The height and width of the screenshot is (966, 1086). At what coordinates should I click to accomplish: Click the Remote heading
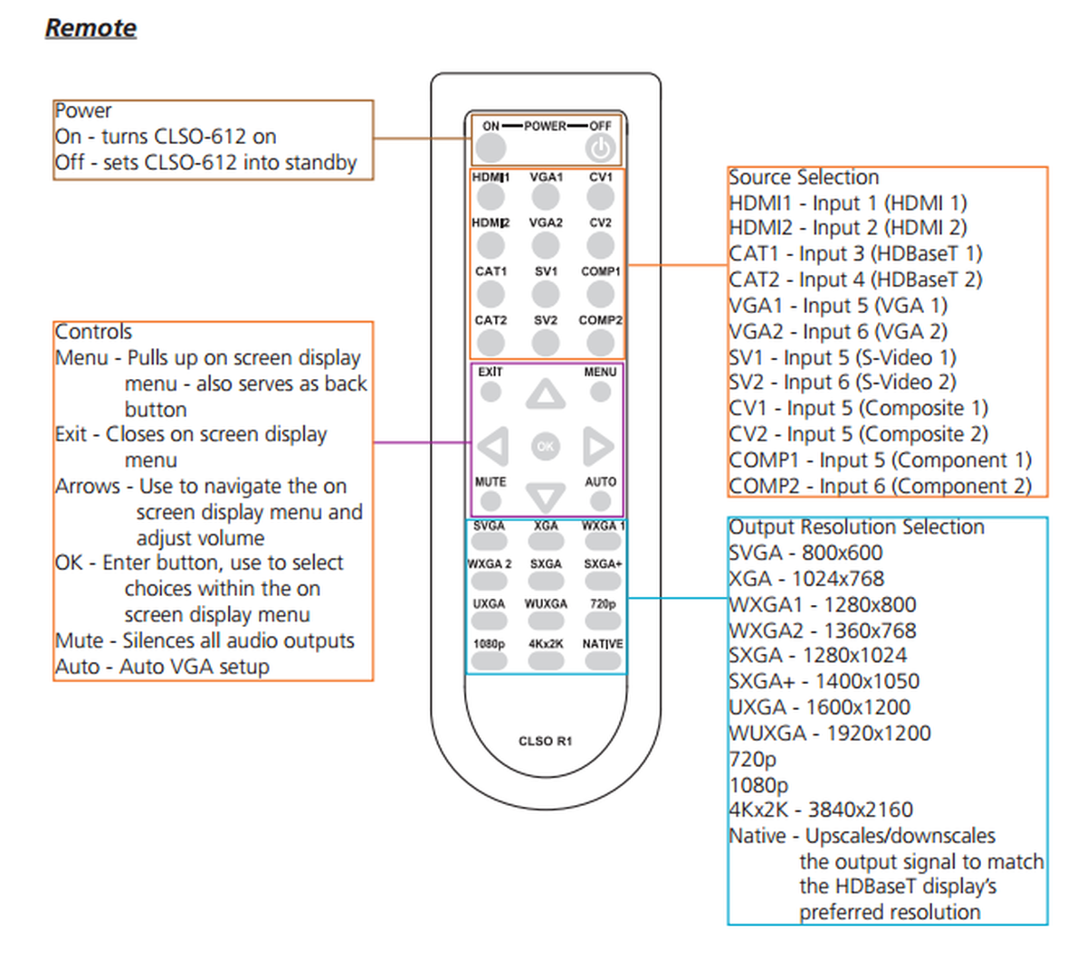90,28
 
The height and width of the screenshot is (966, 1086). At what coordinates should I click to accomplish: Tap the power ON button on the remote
491,147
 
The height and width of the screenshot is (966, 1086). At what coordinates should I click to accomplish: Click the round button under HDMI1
491,195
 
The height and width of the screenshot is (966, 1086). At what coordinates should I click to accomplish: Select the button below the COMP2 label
600,342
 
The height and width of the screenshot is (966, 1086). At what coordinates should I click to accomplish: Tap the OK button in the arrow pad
545,446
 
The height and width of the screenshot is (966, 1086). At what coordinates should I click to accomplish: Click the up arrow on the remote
546,395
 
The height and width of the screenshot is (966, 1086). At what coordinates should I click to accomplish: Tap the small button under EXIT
491,392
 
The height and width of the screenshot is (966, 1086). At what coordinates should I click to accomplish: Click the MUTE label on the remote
491,481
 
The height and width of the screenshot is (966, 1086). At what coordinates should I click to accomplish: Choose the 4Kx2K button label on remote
546,644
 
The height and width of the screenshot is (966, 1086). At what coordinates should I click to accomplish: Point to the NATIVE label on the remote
602,644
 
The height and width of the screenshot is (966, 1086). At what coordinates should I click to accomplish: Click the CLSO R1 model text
545,741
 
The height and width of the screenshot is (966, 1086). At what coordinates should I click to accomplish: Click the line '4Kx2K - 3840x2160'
821,810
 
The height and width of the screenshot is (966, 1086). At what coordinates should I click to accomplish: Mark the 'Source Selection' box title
804,177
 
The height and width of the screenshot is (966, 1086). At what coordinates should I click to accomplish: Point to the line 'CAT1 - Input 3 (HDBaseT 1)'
855,254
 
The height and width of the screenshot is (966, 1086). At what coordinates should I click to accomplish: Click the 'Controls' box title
93,332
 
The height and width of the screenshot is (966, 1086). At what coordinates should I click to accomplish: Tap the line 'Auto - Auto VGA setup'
162,668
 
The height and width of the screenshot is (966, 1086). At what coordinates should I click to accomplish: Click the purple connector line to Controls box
422,442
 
